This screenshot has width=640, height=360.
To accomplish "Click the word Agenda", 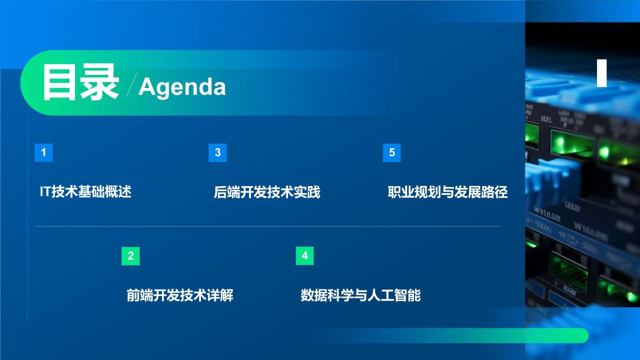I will click(x=182, y=87).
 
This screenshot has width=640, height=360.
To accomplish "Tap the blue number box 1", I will click(x=43, y=152).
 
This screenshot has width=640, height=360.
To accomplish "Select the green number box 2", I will click(x=130, y=256).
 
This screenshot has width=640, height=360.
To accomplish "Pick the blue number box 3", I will click(x=217, y=152).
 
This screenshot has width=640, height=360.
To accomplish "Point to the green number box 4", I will click(x=304, y=256).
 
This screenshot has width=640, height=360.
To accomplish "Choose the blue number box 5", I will click(x=391, y=152).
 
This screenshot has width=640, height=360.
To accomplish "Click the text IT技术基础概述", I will click(x=85, y=191).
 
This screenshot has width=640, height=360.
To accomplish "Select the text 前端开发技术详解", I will click(x=180, y=295).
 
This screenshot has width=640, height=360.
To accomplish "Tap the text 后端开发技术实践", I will click(x=267, y=192).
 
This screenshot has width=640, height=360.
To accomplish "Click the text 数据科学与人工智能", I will click(x=360, y=295).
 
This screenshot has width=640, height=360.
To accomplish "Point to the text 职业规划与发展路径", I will click(x=447, y=192).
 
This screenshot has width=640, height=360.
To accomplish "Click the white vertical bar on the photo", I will click(x=602, y=73).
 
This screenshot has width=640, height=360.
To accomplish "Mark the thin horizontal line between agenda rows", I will click(x=267, y=226).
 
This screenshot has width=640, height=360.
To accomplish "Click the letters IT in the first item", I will click(x=45, y=191).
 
